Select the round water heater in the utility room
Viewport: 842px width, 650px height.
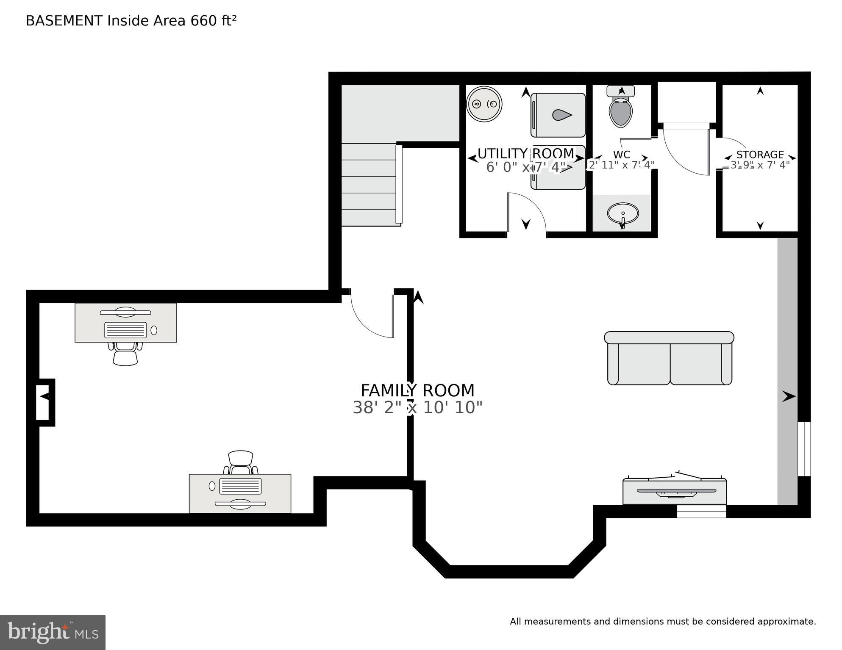pos(484,104)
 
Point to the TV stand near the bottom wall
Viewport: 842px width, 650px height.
pos(675,492)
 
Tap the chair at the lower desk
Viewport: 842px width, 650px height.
pos(240,462)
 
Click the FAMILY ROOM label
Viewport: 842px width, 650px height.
pos(417,390)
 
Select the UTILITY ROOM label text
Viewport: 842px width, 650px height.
pos(525,153)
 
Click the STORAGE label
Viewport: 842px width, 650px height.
pos(760,155)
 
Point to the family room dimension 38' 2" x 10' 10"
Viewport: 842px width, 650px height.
pos(417,408)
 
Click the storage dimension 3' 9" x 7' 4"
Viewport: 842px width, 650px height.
pos(760,165)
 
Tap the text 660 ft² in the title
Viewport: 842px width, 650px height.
pos(213,21)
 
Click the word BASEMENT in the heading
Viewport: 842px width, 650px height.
pos(64,21)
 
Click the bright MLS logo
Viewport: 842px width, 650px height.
pos(53,632)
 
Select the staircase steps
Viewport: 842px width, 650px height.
pos(369,185)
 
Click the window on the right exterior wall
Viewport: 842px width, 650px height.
pos(804,449)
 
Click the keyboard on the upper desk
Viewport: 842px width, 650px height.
pos(125,330)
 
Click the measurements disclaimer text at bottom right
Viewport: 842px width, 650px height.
pos(662,622)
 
